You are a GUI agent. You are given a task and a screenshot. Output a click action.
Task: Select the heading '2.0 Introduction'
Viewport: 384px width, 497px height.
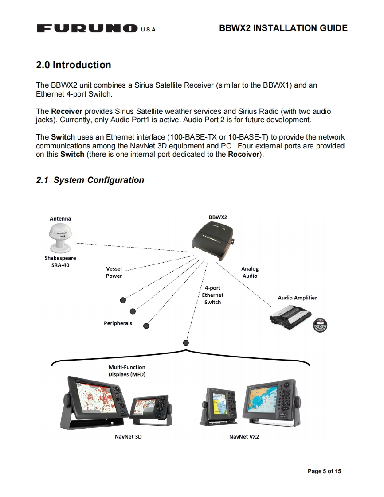[73, 65]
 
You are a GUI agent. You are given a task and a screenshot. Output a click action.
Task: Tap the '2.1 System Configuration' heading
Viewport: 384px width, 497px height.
[90, 180]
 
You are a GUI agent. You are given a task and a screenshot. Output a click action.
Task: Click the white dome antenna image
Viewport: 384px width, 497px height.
[60, 237]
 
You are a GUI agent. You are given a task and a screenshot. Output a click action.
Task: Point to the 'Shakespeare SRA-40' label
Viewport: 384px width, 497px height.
[60, 262]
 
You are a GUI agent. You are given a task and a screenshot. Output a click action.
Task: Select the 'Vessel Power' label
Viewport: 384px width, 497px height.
[114, 272]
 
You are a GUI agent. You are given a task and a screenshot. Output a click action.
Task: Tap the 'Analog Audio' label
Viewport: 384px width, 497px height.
[250, 272]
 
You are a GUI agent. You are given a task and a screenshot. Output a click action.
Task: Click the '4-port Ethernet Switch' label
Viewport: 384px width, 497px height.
[212, 295]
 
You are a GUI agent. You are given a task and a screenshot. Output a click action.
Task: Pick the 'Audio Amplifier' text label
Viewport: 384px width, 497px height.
[297, 298]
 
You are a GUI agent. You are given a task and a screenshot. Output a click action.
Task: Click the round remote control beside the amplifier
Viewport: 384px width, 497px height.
[320, 325]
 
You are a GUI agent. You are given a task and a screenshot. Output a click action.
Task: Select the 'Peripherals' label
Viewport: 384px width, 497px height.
[118, 323]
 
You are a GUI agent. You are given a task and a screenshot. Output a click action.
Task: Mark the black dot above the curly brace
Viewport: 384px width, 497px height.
[186, 342]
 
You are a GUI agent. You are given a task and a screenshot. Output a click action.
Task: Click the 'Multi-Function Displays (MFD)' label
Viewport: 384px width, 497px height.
[127, 371]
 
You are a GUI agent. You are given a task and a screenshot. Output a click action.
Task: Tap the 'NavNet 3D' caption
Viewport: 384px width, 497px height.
[128, 437]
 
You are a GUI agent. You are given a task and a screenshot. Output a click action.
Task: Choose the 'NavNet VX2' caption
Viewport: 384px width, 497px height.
[244, 437]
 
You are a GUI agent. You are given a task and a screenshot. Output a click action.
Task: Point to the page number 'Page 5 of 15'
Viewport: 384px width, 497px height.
[324, 471]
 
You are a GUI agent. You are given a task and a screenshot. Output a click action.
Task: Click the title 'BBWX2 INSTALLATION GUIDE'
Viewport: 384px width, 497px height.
[283, 28]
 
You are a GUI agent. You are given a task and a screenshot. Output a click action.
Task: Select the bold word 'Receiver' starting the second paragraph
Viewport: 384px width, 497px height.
[67, 112]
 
